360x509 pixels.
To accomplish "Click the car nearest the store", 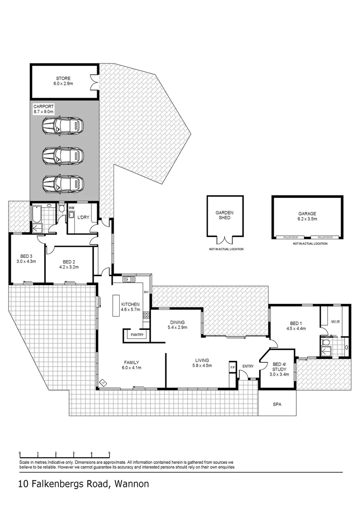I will [63, 125].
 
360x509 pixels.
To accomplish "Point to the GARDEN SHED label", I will [225, 215].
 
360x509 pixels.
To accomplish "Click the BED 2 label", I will [69, 264].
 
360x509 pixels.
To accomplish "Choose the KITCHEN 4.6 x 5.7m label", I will [131, 307].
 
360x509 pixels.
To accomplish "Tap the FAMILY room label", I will [132, 365].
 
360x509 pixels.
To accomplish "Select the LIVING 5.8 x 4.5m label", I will [202, 362].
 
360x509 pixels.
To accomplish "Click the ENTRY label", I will [248, 366].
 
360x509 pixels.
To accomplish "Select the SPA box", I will [277, 404].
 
